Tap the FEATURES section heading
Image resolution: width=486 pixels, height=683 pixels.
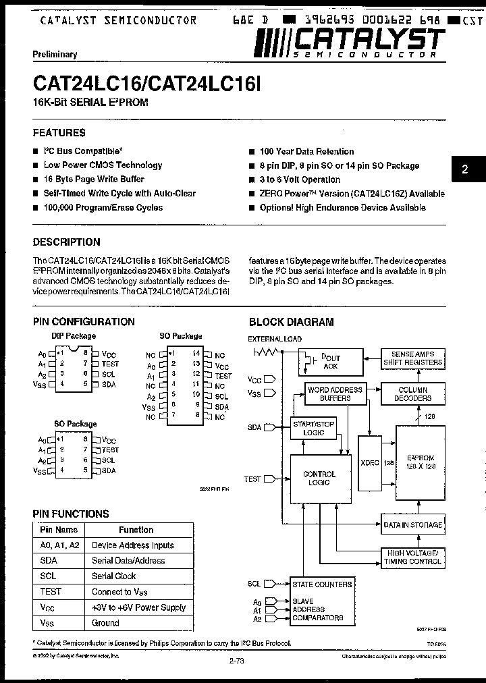59,133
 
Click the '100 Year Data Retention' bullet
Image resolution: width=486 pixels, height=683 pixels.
306,152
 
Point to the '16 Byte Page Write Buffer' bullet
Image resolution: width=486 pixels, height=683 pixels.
94,180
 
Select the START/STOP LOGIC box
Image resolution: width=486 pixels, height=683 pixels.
313,428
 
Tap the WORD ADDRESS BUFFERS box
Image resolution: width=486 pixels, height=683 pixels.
335,394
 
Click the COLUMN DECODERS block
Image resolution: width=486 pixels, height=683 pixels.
413,393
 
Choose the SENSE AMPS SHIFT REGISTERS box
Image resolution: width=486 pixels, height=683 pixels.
413,358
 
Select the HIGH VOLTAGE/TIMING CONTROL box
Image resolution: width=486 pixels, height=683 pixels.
412,557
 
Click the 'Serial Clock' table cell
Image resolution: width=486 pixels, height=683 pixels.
114,576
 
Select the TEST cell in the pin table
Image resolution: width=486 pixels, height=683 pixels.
51,591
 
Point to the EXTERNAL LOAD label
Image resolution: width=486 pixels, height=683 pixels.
275,339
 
